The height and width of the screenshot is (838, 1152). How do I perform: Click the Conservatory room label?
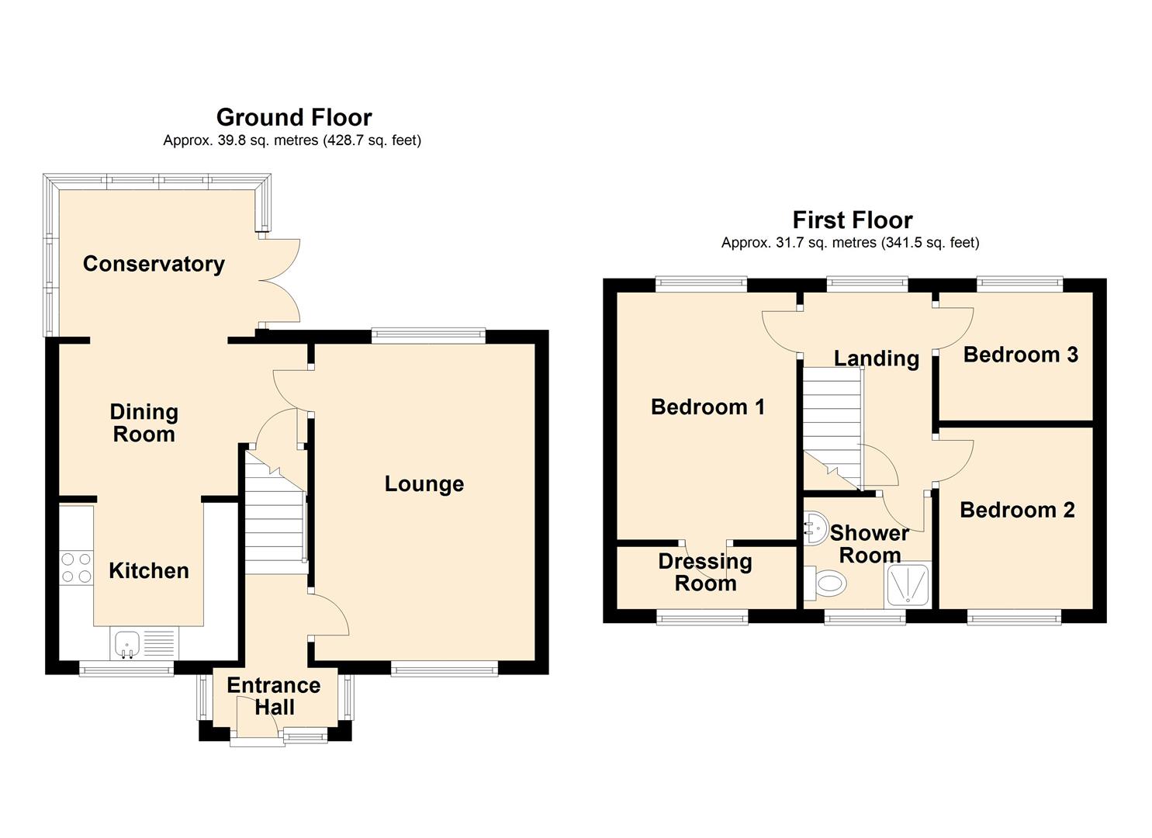(x=154, y=264)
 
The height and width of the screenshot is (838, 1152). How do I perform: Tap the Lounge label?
(x=424, y=484)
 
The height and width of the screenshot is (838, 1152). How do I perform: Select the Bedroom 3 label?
(x=1020, y=355)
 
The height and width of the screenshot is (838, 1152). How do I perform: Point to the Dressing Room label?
(x=705, y=572)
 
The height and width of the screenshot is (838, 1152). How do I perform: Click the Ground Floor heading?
(x=294, y=117)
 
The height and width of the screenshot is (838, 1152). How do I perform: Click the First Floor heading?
(x=853, y=220)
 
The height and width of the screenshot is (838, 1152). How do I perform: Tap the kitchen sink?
(x=144, y=643)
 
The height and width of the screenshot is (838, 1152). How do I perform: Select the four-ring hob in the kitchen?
(x=77, y=567)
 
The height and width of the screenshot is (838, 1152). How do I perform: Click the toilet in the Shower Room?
(x=825, y=583)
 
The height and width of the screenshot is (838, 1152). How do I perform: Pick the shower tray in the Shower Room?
(x=908, y=584)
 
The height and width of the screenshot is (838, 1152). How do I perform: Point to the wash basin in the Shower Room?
(x=815, y=528)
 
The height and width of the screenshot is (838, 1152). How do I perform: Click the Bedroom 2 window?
(x=1014, y=617)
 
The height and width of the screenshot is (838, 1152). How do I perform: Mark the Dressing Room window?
(x=702, y=617)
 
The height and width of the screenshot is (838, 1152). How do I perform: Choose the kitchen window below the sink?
(x=126, y=668)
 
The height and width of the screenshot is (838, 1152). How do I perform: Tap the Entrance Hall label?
(x=274, y=696)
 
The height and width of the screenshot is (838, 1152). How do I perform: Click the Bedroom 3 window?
(x=1019, y=285)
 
